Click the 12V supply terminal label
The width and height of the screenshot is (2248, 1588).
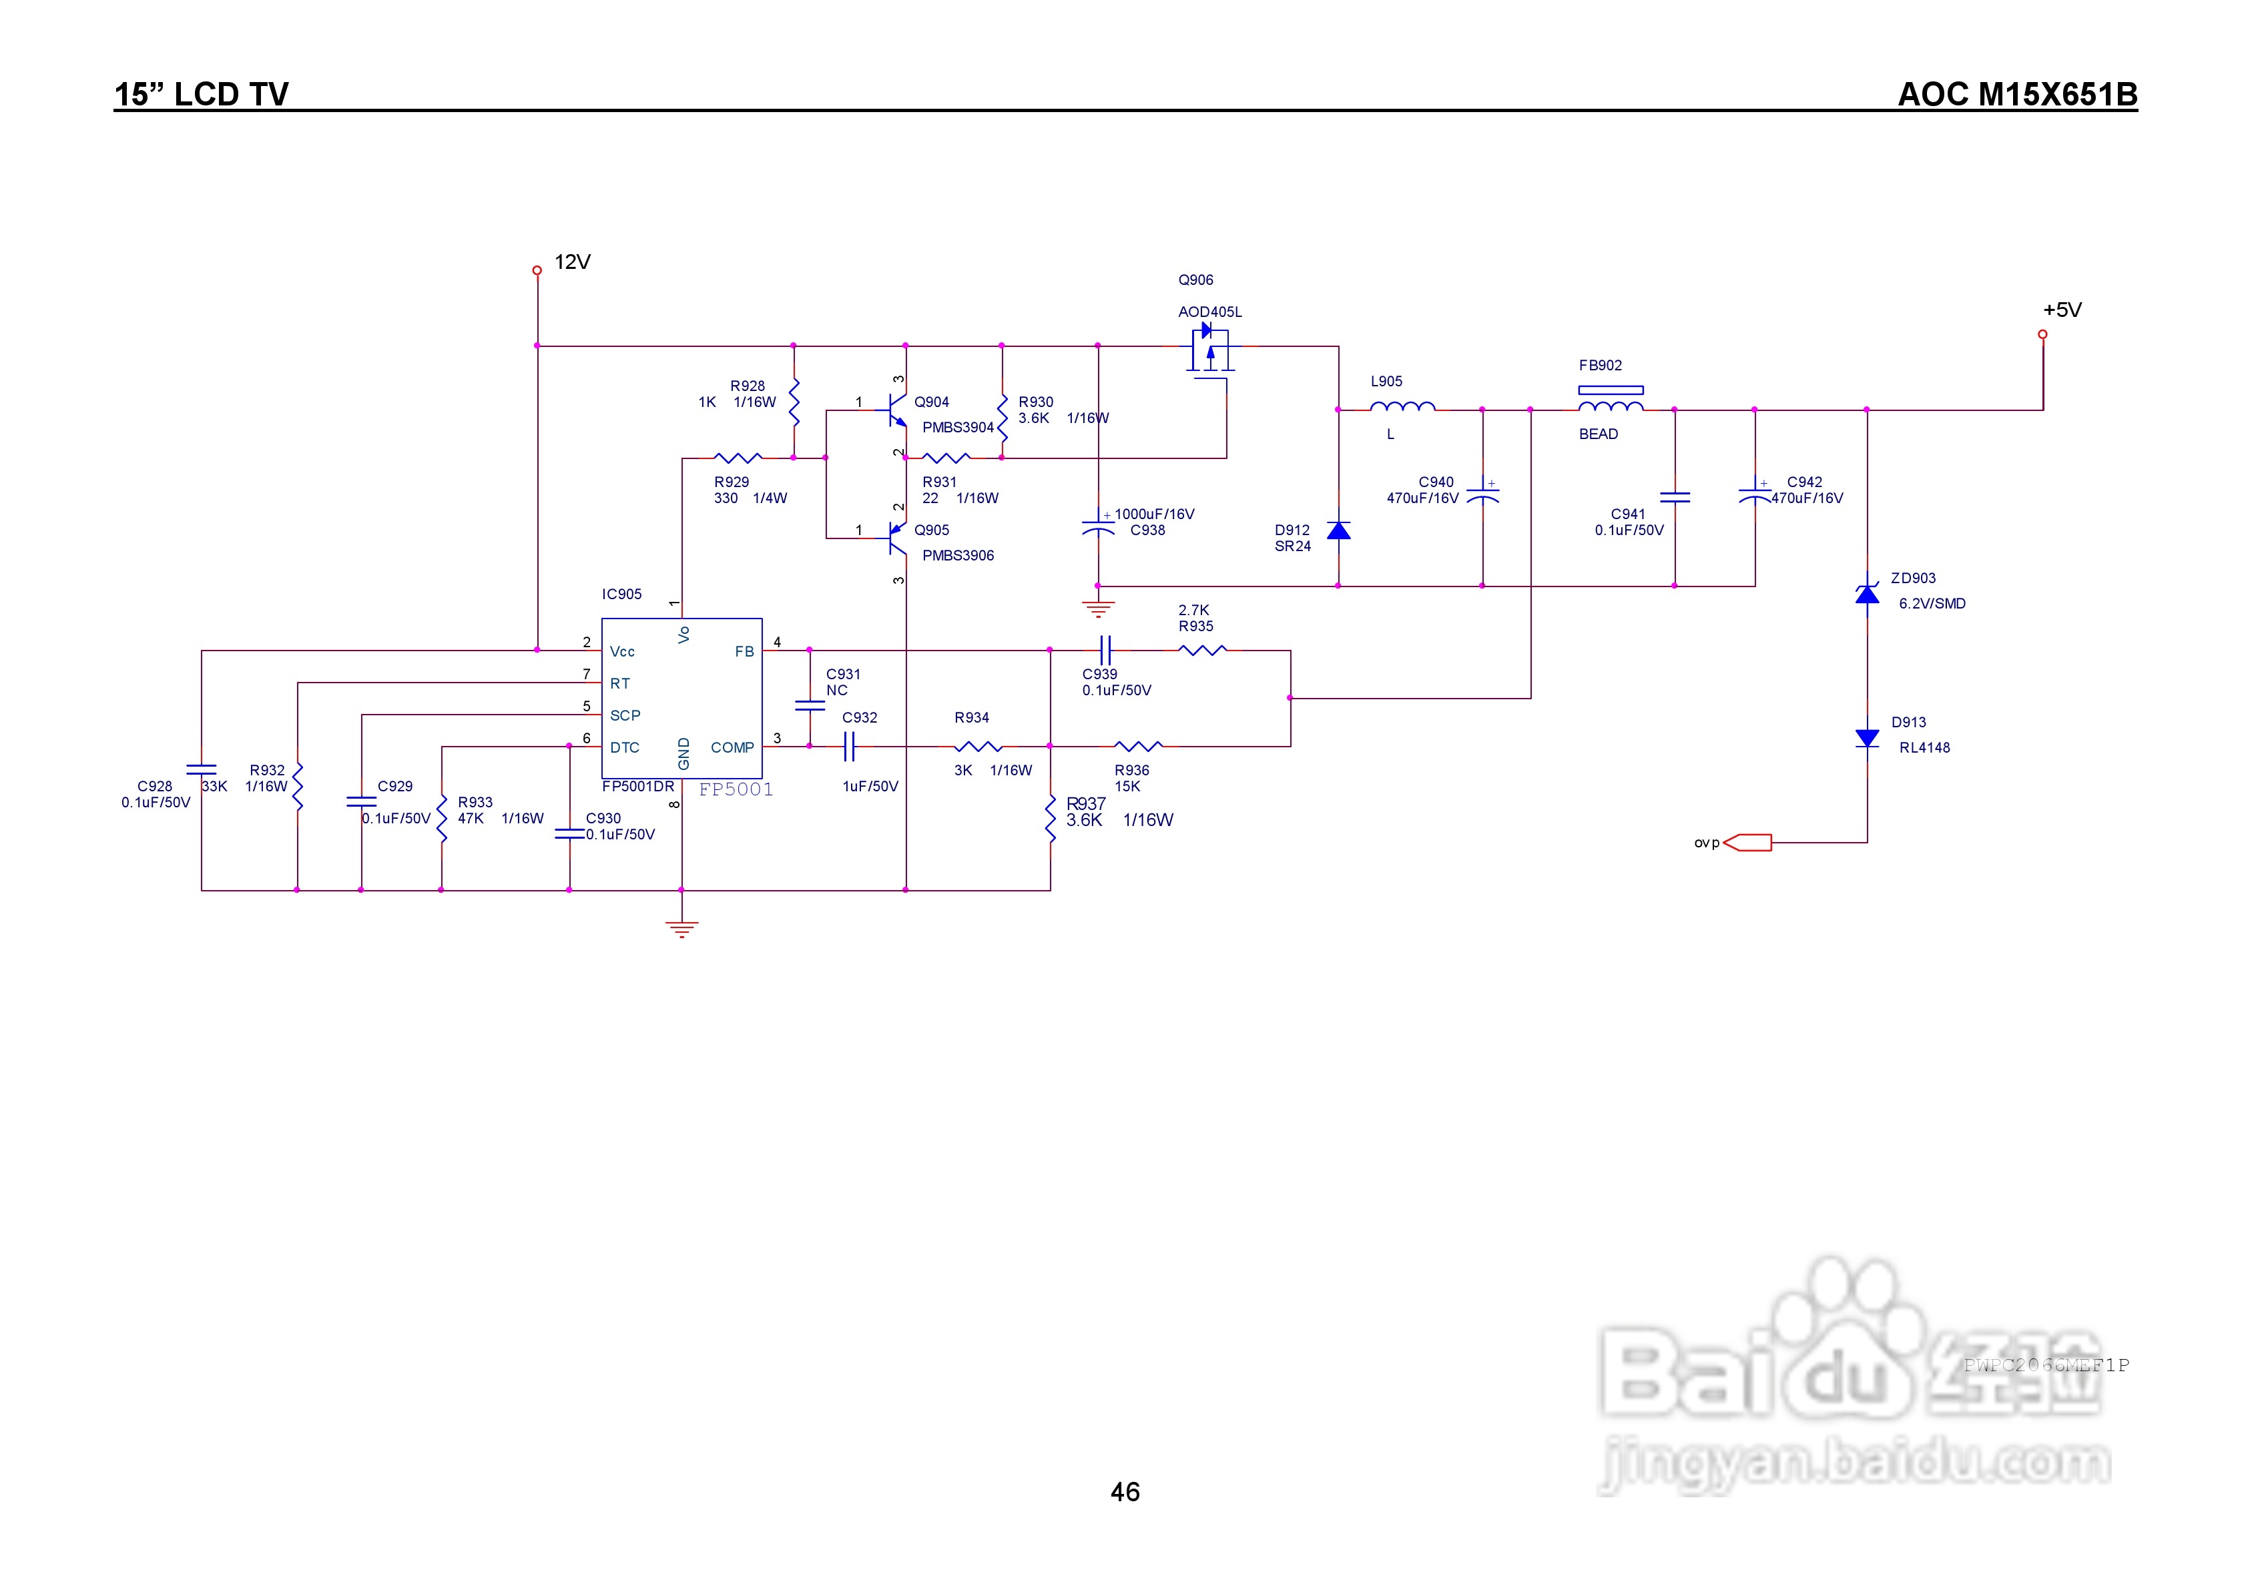click(572, 262)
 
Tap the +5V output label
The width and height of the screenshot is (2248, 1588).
click(2061, 310)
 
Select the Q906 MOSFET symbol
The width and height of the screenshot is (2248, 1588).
click(1209, 352)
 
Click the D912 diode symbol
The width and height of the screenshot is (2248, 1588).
click(1338, 530)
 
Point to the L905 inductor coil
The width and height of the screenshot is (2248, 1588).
click(1402, 406)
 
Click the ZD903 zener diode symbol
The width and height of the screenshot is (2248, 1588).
click(1866, 593)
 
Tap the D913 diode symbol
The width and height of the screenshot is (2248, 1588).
click(1866, 738)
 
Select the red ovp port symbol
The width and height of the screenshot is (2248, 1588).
click(1747, 843)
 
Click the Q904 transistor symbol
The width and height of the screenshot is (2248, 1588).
click(896, 410)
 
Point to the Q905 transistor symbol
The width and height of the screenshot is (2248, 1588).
click(896, 538)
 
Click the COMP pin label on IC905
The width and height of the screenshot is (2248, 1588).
click(732, 748)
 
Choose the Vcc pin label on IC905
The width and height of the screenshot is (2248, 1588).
click(621, 652)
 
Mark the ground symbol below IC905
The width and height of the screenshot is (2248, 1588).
click(681, 928)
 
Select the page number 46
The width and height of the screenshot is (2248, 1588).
click(1124, 1492)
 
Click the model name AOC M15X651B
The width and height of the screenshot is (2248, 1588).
click(2017, 94)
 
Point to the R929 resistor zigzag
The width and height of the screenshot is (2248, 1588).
click(738, 457)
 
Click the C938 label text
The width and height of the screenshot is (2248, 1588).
click(1147, 530)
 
